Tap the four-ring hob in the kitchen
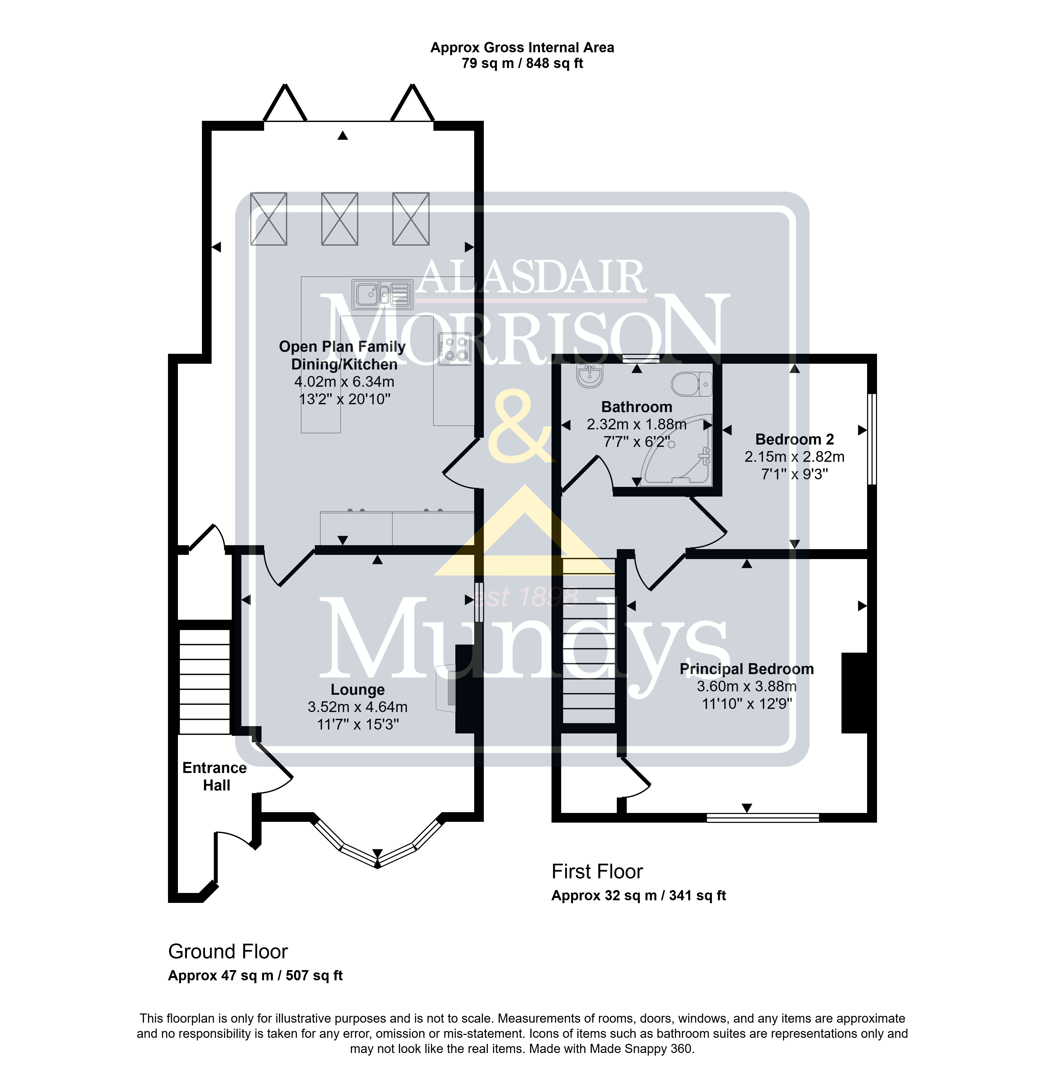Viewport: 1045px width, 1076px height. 454,349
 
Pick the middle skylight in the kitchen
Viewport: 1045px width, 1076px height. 340,219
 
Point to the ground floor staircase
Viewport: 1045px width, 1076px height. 205,682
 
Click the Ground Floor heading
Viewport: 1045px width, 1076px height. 228,951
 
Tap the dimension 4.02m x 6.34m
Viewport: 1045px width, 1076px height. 344,382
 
